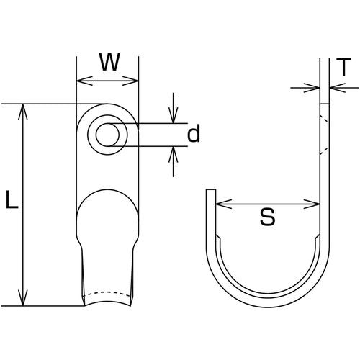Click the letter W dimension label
pyautogui.click(x=109, y=62)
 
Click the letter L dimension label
pyautogui.click(x=12, y=199)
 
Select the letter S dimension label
pyautogui.click(x=267, y=217)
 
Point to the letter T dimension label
pyautogui.click(x=343, y=67)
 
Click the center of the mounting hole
pyautogui.click(x=107, y=135)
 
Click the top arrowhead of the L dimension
pyautogui.click(x=23, y=112)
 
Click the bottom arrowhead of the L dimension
pyautogui.click(x=23, y=298)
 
